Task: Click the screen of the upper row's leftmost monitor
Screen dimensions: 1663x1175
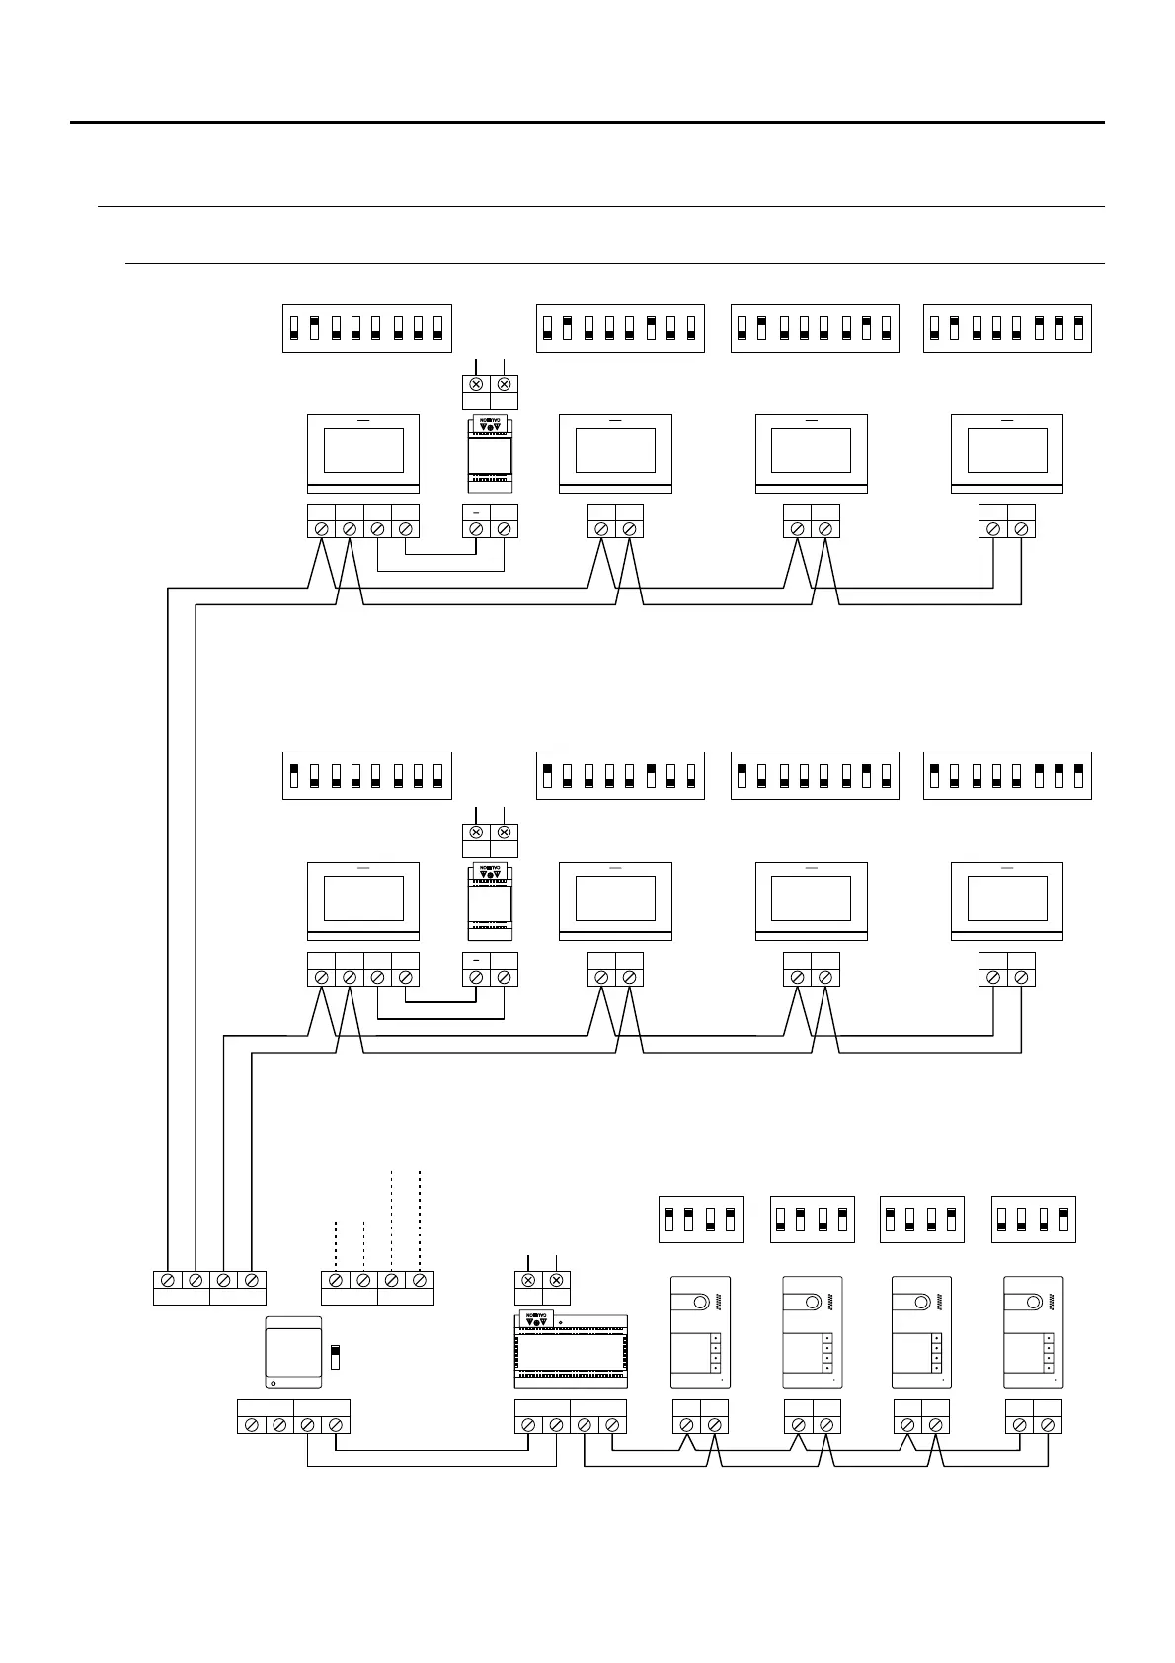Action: click(363, 450)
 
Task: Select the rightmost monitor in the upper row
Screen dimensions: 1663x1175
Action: click(1006, 453)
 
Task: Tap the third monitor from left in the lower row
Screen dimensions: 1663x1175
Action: click(811, 901)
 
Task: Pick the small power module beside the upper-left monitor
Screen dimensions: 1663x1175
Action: click(490, 453)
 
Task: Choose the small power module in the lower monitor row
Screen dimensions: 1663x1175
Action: click(490, 901)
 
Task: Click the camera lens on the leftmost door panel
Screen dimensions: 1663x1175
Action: click(699, 1303)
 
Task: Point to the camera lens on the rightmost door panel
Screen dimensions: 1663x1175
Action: click(1033, 1303)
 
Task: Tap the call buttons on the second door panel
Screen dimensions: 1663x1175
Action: click(826, 1352)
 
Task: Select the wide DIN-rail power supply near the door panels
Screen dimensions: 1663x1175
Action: click(571, 1352)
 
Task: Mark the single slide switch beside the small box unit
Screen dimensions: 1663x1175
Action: click(335, 1355)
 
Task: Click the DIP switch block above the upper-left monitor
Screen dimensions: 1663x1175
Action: click(366, 328)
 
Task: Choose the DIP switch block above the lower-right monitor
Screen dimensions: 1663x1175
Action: click(1007, 775)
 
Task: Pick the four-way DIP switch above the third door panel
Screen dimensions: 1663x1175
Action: click(921, 1220)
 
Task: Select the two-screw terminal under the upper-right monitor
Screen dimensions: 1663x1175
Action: click(1007, 521)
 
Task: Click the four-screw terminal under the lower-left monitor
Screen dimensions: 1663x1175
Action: click(363, 969)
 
